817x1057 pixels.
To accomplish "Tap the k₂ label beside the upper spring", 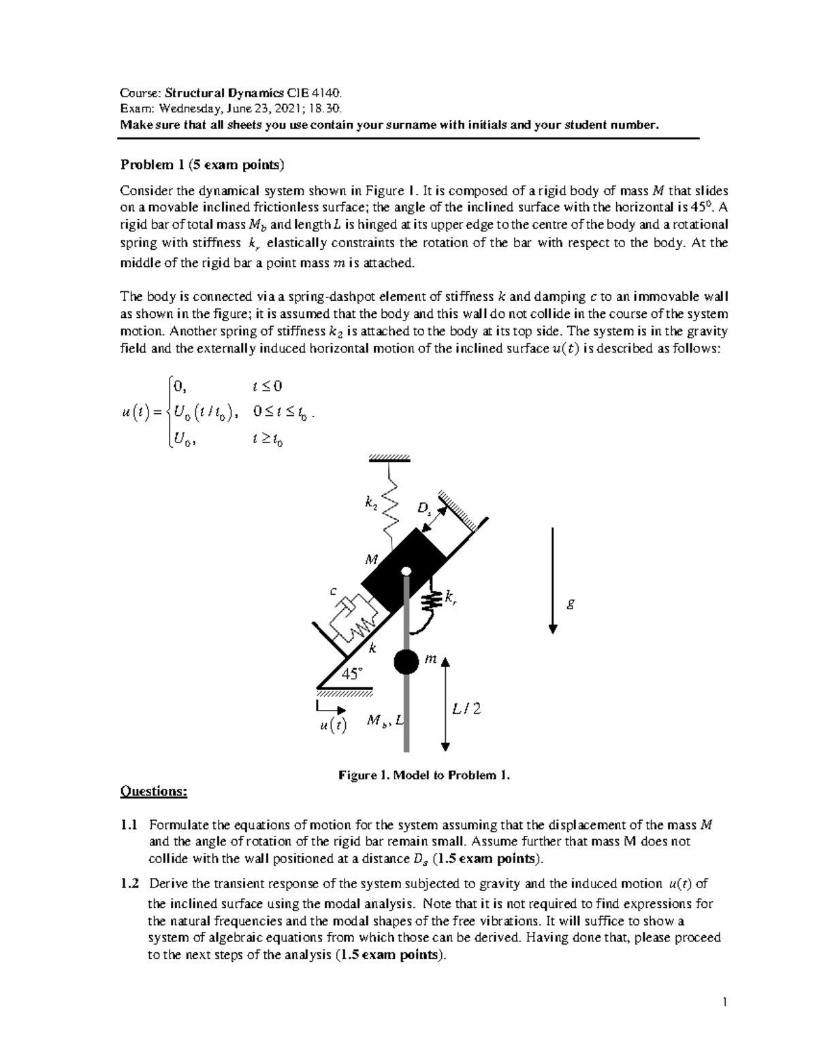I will pos(370,504).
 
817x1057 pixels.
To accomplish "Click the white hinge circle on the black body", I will pos(406,572).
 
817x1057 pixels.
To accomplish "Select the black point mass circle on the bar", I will pos(406,661).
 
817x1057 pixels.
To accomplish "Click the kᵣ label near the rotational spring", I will pos(451,598).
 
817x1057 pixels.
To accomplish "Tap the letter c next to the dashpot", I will pos(333,591).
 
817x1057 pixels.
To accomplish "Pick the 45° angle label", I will pos(353,674).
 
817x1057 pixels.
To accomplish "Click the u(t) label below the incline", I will pos(332,726).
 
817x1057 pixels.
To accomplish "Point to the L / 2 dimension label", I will pos(466,709).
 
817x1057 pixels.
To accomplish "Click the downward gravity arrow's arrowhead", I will pos(553,629).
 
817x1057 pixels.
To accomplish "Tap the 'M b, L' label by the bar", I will pos(385,721).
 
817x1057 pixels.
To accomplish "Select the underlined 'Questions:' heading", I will pos(153,791).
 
